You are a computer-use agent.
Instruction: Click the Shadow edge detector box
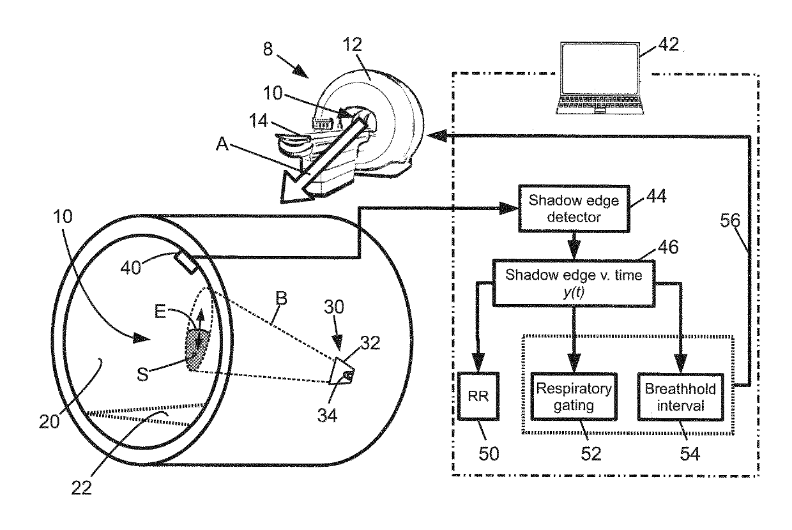574,209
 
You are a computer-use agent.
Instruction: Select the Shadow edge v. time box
574,284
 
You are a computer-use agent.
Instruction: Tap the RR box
478,396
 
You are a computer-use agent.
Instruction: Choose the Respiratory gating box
574,397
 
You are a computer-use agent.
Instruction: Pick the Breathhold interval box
680,397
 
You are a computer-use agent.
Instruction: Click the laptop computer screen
600,70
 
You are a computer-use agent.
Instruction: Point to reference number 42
668,45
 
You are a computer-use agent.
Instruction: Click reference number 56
730,220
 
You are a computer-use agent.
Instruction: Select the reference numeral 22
81,488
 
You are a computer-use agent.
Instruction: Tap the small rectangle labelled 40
185,262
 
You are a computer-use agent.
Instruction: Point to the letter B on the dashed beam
281,298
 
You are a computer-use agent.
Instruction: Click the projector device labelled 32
341,371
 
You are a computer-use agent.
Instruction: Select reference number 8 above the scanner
268,49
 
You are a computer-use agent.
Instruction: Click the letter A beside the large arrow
222,144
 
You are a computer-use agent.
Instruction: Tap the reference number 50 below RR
489,453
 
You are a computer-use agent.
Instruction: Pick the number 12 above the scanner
352,45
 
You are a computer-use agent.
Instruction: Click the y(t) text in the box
574,292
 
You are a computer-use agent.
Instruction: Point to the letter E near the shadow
160,312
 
